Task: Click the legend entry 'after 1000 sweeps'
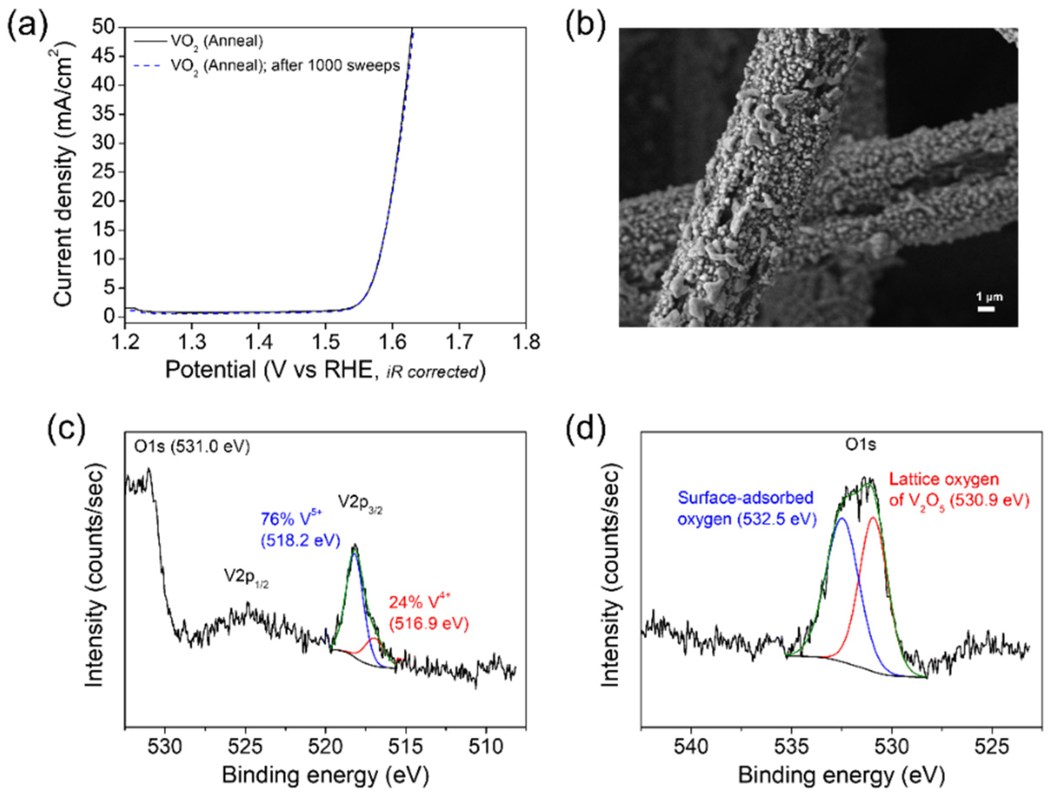285,66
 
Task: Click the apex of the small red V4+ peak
374,639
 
